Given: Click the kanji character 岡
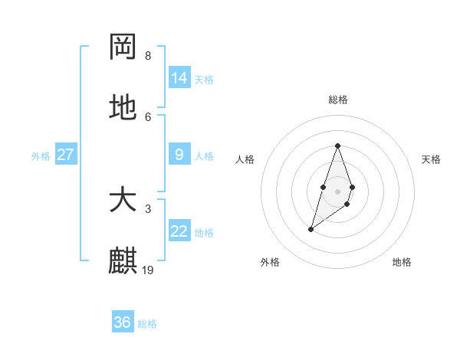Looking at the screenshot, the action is coord(123,47).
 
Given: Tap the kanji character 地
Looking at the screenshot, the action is coord(123,108).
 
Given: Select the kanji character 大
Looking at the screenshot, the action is coord(123,201).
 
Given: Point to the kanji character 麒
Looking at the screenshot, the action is coord(123,261).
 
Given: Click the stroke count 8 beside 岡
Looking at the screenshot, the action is coord(148,56).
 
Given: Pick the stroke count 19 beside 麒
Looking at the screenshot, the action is coord(149,270).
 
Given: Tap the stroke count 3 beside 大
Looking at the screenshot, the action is coord(148,208).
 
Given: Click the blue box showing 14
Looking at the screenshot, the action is coord(179,78).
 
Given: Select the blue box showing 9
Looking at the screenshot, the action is coord(179,155).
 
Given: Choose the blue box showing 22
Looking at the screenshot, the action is coord(179,231).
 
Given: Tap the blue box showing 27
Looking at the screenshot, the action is coord(65,155).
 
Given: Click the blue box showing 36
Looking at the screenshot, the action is coord(122,322).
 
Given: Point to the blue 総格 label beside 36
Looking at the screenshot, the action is coord(147,324).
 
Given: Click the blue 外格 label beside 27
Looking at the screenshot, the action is coord(41,156).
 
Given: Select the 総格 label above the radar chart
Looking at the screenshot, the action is coord(337,100).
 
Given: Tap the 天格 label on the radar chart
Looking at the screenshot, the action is coord(431,159).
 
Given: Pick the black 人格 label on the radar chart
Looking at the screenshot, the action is coord(245,159).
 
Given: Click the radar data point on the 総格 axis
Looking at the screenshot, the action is coord(337,146).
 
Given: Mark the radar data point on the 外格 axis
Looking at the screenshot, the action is coord(310,229).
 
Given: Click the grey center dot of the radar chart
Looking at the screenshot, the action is coord(337,191).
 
